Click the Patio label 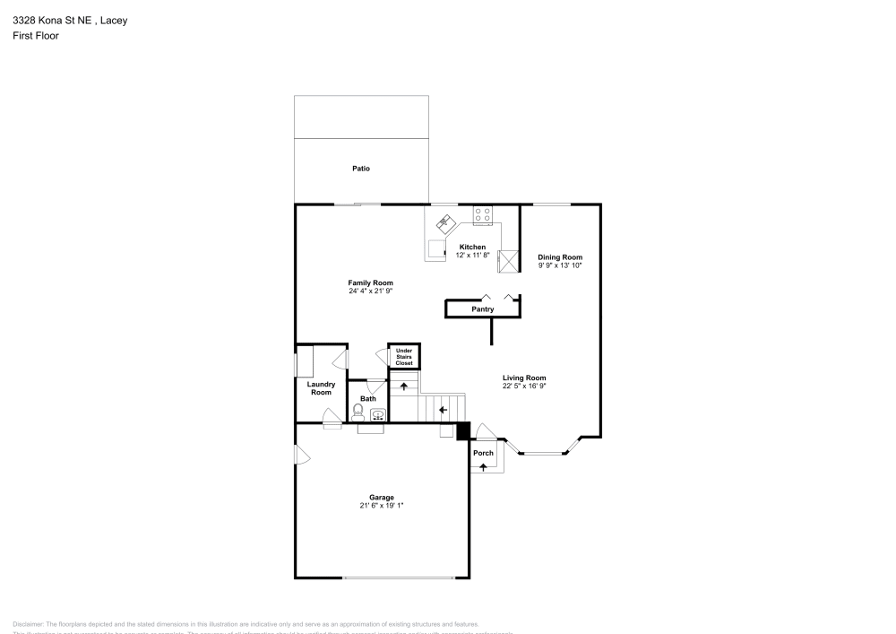[361, 169]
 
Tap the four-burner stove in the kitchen [482, 214]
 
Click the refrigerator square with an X [509, 261]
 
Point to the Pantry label [483, 309]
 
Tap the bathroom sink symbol [378, 414]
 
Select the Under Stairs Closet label [404, 357]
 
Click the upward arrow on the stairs [404, 386]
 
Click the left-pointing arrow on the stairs [443, 410]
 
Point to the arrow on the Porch [484, 468]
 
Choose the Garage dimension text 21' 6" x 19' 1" [382, 506]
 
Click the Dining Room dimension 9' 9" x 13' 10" [560, 265]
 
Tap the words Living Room [524, 378]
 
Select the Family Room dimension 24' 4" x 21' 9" [371, 291]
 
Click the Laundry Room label [321, 388]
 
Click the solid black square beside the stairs [463, 431]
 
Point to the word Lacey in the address [114, 21]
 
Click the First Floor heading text [36, 36]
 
